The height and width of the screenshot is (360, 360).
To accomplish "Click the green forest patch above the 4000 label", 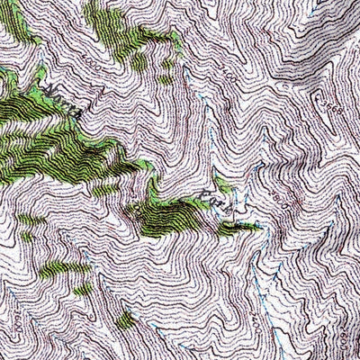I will click(x=126, y=36).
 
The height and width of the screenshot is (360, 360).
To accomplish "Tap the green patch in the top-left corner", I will click(x=13, y=22).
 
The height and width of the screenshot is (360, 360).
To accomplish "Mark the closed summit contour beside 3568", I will click(x=315, y=106).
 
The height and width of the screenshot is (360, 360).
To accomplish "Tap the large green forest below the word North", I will click(x=54, y=148).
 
